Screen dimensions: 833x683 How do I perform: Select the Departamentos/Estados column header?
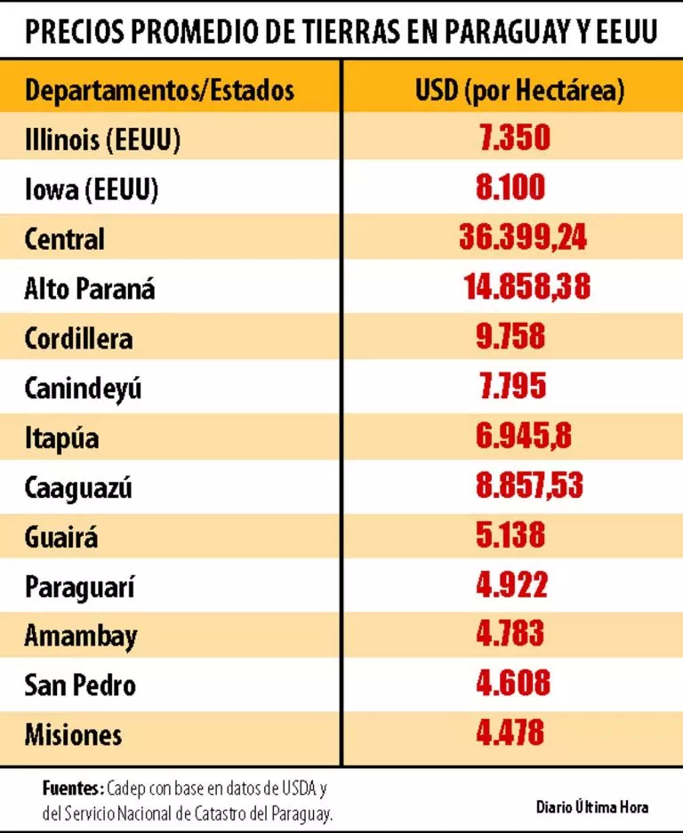click(159, 90)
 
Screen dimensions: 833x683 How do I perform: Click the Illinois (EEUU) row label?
click(102, 140)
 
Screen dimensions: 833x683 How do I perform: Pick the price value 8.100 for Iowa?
click(510, 188)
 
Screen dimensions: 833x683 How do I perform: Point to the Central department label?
click(64, 239)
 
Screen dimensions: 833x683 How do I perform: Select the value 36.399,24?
click(523, 238)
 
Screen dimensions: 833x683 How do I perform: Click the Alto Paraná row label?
click(90, 289)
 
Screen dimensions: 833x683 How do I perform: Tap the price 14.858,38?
click(526, 288)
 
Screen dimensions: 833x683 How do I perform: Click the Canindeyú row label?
click(83, 388)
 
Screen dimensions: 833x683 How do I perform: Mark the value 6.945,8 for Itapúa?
click(510, 437)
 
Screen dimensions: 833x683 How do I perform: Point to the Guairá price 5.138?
click(510, 536)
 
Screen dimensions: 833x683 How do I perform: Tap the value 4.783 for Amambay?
click(510, 636)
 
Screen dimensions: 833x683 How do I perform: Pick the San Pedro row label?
click(80, 685)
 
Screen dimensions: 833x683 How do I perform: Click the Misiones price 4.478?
click(510, 734)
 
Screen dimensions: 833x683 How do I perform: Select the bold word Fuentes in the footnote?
click(72, 789)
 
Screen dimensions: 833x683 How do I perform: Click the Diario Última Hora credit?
click(591, 807)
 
